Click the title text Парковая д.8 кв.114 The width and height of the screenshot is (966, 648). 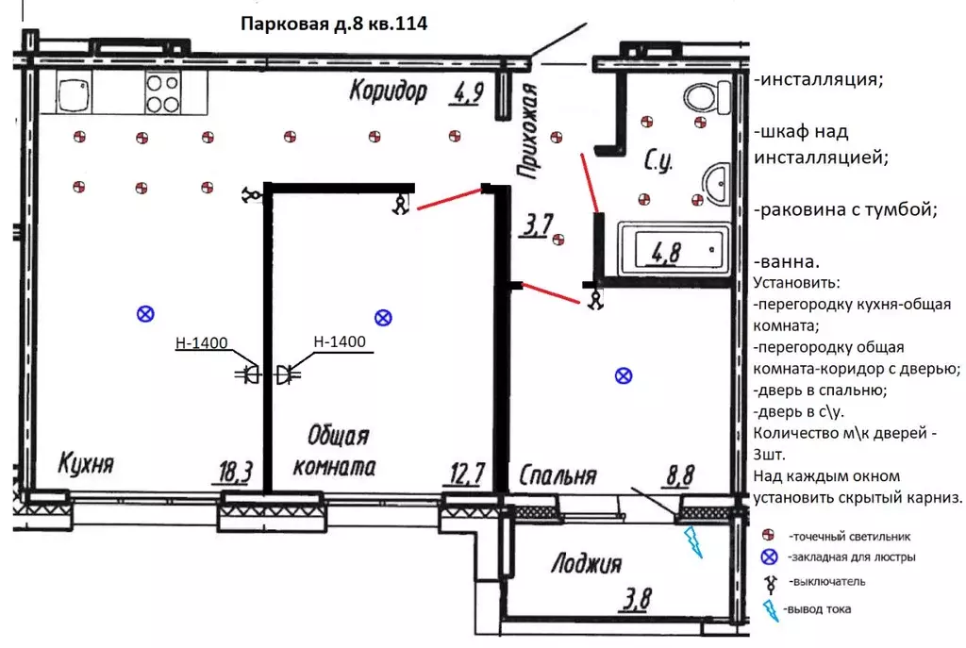coord(334,24)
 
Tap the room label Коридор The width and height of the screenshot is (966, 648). coord(388,91)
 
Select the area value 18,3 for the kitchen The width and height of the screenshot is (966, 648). coord(235,473)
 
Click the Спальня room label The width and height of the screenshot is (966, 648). coord(558,475)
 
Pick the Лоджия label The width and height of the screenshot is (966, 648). coord(586,563)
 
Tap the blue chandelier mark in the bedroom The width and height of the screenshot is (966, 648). coord(624,375)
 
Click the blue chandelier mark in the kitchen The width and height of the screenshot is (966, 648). coord(145,314)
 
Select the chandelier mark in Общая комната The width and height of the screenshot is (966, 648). coord(383,318)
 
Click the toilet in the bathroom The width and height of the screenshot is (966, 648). coord(707,97)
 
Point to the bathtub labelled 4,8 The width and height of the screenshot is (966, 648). coord(674,250)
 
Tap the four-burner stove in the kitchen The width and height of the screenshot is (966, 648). coord(162,92)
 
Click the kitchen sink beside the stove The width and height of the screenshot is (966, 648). coord(75,92)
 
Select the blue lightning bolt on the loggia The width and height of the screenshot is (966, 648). coord(693,541)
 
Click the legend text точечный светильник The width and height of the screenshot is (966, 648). coord(850,537)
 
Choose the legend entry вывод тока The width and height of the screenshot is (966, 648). coord(817,609)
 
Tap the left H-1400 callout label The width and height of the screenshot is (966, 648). coord(202,342)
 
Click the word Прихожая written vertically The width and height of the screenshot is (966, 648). coord(528,131)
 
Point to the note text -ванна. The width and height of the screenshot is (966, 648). coord(787,262)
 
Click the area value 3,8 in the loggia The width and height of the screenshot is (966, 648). coord(636,599)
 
